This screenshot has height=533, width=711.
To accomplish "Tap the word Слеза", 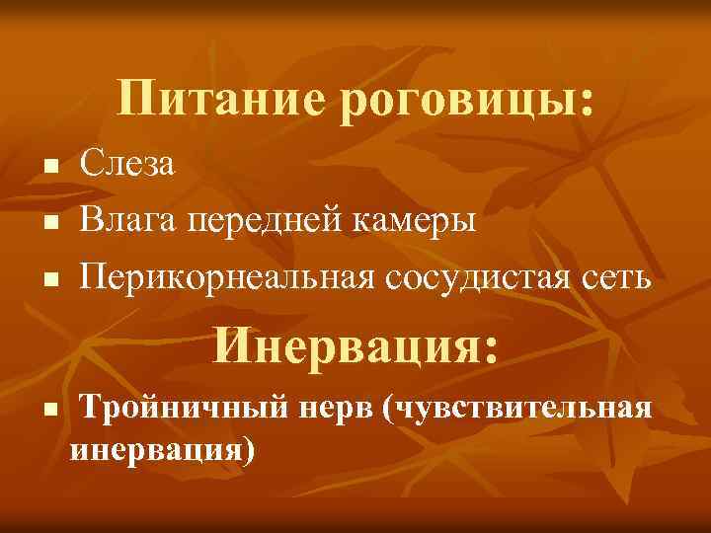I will (128, 164).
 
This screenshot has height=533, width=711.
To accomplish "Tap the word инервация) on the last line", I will (163, 450).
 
